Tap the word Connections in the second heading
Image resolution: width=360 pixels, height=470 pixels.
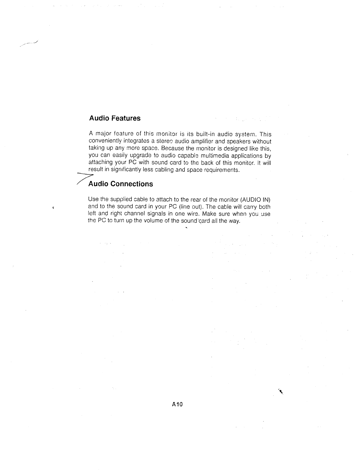coord(132,184)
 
